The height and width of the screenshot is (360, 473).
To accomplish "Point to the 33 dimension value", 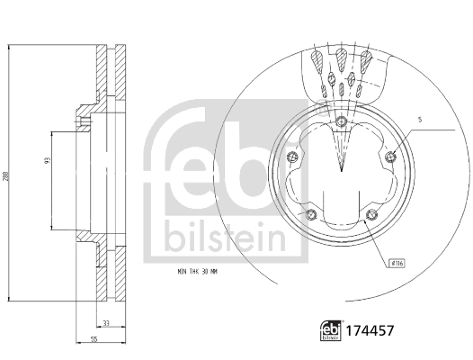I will click(106, 323).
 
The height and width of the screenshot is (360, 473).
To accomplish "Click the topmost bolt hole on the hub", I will click(342, 124).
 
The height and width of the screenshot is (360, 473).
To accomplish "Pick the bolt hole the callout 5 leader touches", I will click(390, 158).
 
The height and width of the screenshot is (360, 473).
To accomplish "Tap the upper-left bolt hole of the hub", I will click(291, 158).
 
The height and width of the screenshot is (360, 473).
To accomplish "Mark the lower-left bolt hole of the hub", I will click(310, 215).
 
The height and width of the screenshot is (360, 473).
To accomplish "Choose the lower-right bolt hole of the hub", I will click(371, 215).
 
